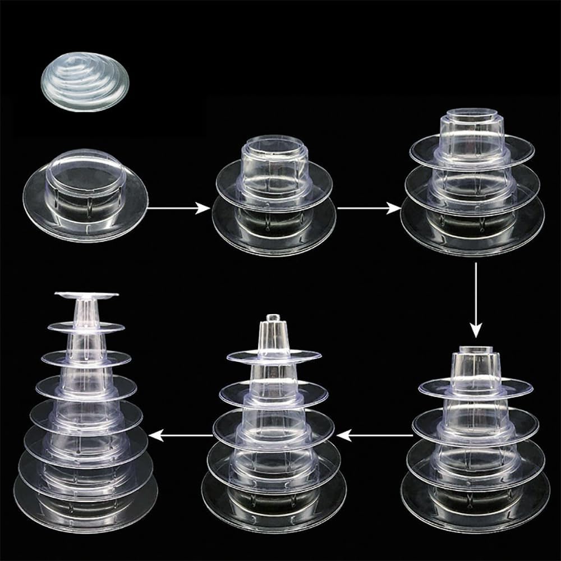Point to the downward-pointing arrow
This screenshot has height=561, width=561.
[476, 300]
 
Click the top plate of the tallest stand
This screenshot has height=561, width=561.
[86, 295]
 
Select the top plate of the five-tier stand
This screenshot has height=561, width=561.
[274, 356]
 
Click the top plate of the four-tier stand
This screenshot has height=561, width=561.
[476, 387]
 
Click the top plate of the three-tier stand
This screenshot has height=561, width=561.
[472, 147]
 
